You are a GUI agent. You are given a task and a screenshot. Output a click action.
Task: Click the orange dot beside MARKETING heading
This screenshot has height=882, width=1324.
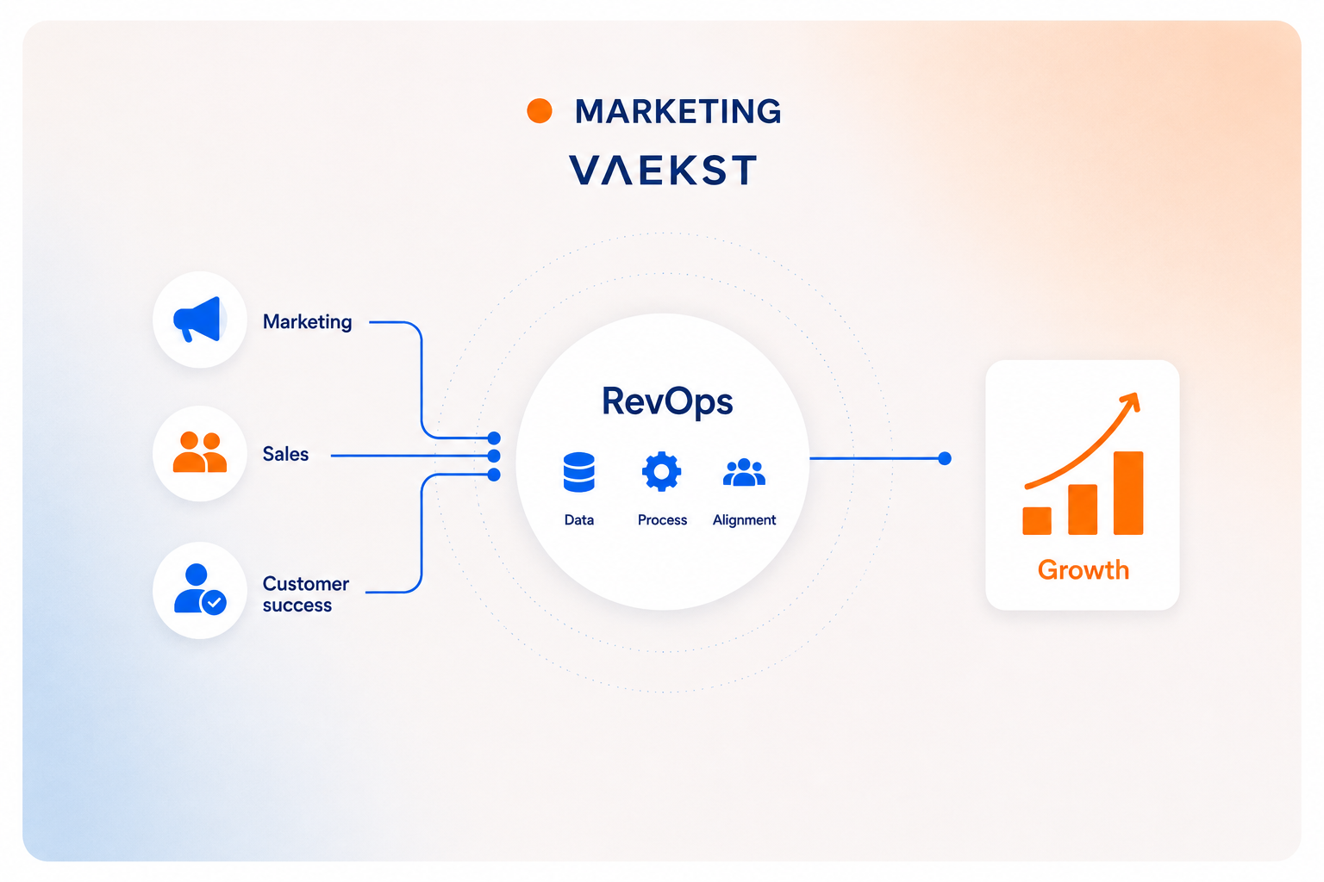539,111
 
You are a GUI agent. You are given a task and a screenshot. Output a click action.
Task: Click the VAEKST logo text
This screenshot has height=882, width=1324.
663,170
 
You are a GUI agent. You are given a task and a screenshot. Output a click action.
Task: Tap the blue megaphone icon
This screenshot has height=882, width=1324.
197,319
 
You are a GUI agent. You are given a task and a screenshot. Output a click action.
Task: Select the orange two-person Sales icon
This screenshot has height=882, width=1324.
200,452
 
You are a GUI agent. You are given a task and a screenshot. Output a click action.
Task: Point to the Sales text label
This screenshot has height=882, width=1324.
285,454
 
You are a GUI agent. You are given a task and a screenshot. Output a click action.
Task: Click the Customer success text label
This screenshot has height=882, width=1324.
306,593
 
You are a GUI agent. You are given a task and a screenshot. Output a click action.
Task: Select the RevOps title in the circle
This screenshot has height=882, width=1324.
667,401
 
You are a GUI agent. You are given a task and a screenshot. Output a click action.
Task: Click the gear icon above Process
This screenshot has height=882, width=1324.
661,471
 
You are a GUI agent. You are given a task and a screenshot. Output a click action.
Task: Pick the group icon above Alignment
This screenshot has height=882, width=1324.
744,472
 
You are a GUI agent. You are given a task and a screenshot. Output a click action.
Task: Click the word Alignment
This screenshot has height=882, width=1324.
744,520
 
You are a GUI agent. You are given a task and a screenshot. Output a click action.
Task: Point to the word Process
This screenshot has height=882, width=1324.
662,520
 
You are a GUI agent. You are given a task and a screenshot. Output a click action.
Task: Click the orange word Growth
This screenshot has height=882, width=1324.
1084,570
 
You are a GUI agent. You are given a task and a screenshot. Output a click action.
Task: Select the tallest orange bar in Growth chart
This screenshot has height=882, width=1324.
1128,494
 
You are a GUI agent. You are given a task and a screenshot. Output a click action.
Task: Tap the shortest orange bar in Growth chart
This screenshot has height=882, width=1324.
1037,520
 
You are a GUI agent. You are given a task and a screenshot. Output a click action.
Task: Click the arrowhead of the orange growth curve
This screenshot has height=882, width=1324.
1131,401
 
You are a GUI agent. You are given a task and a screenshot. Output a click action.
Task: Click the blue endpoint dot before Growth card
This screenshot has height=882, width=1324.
945,458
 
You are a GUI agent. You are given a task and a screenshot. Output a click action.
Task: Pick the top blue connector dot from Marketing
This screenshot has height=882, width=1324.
494,438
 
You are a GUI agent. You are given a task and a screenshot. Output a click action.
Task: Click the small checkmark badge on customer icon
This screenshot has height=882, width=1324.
214,603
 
